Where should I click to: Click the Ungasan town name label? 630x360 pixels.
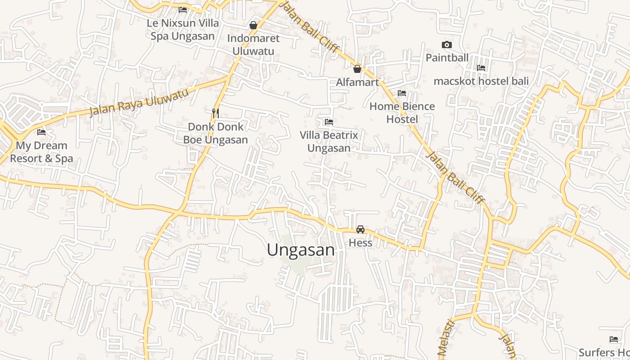pos(301,250)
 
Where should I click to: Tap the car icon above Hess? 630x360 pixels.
pos(360,229)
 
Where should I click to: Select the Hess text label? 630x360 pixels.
pos(360,243)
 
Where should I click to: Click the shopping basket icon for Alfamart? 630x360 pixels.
pos(357,69)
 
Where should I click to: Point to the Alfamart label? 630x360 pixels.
pos(357,82)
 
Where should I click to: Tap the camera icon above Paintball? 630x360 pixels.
pos(447,45)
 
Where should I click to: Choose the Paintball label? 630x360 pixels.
pos(447,58)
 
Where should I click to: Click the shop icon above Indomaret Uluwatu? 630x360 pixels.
pos(253,25)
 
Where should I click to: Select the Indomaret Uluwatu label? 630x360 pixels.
pos(253,45)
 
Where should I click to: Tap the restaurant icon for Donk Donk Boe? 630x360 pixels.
pos(216,113)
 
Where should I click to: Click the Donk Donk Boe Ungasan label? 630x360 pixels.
pos(216,133)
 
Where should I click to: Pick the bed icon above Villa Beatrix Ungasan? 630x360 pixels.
pos(329,121)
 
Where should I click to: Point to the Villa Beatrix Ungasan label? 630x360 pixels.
pos(329,141)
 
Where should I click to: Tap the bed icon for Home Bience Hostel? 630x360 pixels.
pos(402,93)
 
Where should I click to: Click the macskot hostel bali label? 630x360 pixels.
pos(481,81)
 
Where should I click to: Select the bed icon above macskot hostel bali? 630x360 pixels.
pos(481,68)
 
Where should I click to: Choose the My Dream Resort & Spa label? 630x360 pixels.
pos(41,152)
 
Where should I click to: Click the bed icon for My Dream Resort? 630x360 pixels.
pos(41,132)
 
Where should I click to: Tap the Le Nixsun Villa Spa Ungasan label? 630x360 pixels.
pos(183,29)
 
